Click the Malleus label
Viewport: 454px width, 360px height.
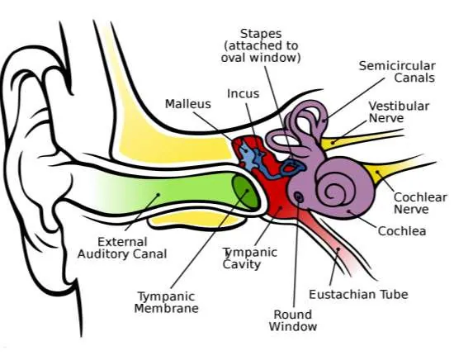188,104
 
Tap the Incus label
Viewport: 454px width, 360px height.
243,93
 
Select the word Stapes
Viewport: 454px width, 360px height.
261,34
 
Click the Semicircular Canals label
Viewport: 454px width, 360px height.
397,72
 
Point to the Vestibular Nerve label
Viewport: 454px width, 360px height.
399,111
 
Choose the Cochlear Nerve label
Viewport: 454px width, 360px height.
420,203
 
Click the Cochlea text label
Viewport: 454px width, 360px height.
402,231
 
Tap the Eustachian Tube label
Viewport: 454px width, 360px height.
358,294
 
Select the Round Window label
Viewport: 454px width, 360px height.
293,320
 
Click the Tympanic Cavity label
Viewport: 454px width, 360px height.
250,258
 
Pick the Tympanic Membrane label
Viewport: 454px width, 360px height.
167,302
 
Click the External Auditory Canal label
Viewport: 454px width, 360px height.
122,248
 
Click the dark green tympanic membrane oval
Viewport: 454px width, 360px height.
245,192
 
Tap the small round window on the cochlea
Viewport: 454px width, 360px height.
299,197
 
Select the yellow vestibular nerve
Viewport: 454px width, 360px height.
362,139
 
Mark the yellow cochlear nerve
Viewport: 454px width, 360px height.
397,168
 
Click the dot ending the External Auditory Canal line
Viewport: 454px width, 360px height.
158,195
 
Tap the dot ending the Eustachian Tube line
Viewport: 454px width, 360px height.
338,249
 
